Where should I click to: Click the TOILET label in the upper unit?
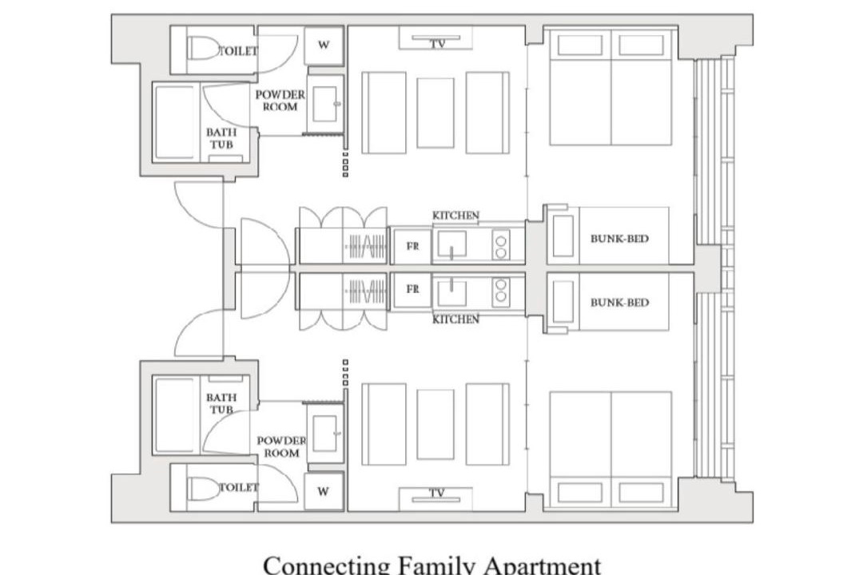(238, 51)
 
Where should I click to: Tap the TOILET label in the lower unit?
(238, 487)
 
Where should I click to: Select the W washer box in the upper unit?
(324, 46)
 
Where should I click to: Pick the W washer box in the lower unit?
(324, 491)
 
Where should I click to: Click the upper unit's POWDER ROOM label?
(280, 101)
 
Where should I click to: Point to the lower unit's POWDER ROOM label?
(281, 446)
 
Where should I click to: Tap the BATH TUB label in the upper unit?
(221, 138)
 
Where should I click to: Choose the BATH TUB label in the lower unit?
(221, 403)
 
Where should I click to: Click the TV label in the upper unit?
(438, 44)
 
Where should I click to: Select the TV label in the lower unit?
(436, 493)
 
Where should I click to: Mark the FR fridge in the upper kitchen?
(412, 246)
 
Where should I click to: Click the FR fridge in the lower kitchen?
(412, 289)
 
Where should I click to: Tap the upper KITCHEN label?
(455, 215)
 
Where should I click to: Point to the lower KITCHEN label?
(455, 319)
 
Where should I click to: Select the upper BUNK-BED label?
(619, 239)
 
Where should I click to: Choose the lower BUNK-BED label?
(619, 303)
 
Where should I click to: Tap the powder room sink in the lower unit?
(324, 433)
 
